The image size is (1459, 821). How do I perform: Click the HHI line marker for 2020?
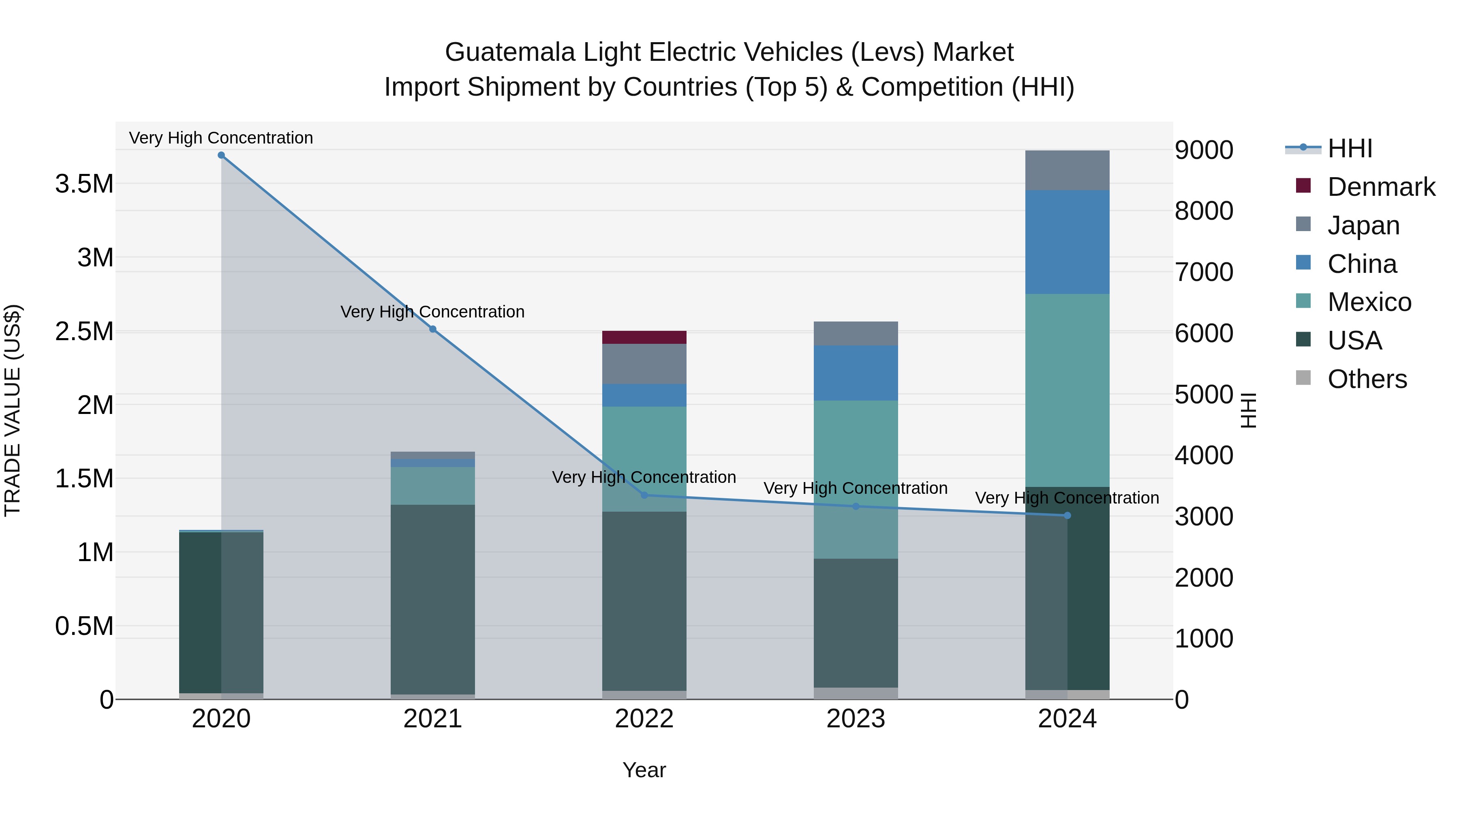(x=221, y=155)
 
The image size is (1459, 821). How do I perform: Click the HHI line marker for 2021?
(x=433, y=329)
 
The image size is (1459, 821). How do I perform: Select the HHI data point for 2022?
(x=644, y=495)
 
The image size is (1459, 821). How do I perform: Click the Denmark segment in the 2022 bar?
(x=644, y=337)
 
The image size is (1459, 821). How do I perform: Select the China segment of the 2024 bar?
(x=1068, y=242)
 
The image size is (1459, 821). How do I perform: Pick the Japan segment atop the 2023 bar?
(x=856, y=333)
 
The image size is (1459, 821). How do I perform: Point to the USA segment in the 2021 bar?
(x=433, y=600)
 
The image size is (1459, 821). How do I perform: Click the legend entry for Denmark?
(x=1381, y=187)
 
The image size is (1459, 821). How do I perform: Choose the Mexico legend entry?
(x=1369, y=302)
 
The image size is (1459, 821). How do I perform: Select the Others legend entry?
(x=1367, y=379)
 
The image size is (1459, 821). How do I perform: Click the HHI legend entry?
(x=1350, y=148)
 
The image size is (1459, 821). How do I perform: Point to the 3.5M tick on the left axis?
(x=84, y=184)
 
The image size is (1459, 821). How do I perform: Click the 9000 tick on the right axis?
(x=1204, y=150)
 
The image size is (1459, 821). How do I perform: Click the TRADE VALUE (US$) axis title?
(x=13, y=410)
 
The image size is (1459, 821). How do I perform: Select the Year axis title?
(x=644, y=770)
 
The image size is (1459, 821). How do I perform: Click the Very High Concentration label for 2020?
(x=221, y=138)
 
